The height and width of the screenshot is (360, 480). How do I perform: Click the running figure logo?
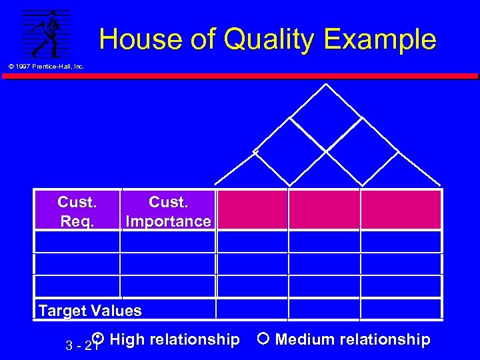point(46,34)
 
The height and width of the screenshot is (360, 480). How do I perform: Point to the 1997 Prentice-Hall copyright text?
point(46,66)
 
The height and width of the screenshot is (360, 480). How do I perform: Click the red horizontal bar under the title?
point(240,76)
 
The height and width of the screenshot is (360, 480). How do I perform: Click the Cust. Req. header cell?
point(77,211)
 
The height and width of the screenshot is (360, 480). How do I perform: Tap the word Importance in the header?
point(168,221)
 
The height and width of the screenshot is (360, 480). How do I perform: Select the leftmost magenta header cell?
point(252,209)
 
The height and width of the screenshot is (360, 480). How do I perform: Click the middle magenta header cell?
point(324,209)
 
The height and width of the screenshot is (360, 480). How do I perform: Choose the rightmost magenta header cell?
point(401,209)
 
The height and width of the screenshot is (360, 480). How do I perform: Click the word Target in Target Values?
point(63,311)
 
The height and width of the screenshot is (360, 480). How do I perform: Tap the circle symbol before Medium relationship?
point(263,339)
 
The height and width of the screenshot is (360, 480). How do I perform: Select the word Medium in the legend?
point(305,339)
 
